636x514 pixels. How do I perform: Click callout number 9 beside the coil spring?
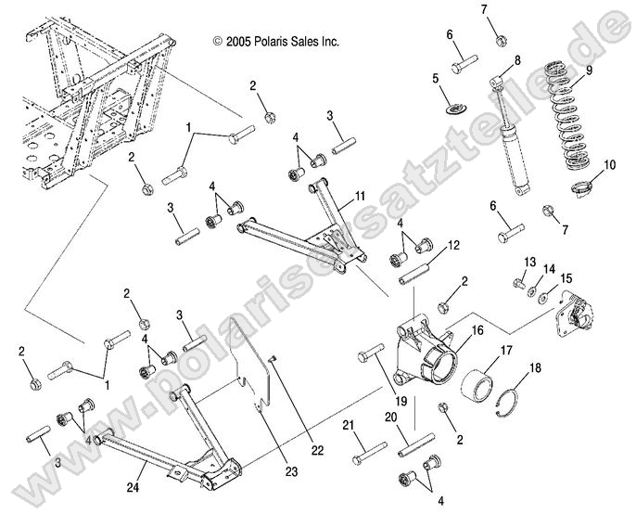[590, 70]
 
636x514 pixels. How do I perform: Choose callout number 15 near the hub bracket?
[566, 277]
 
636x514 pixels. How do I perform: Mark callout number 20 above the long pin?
[390, 418]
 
